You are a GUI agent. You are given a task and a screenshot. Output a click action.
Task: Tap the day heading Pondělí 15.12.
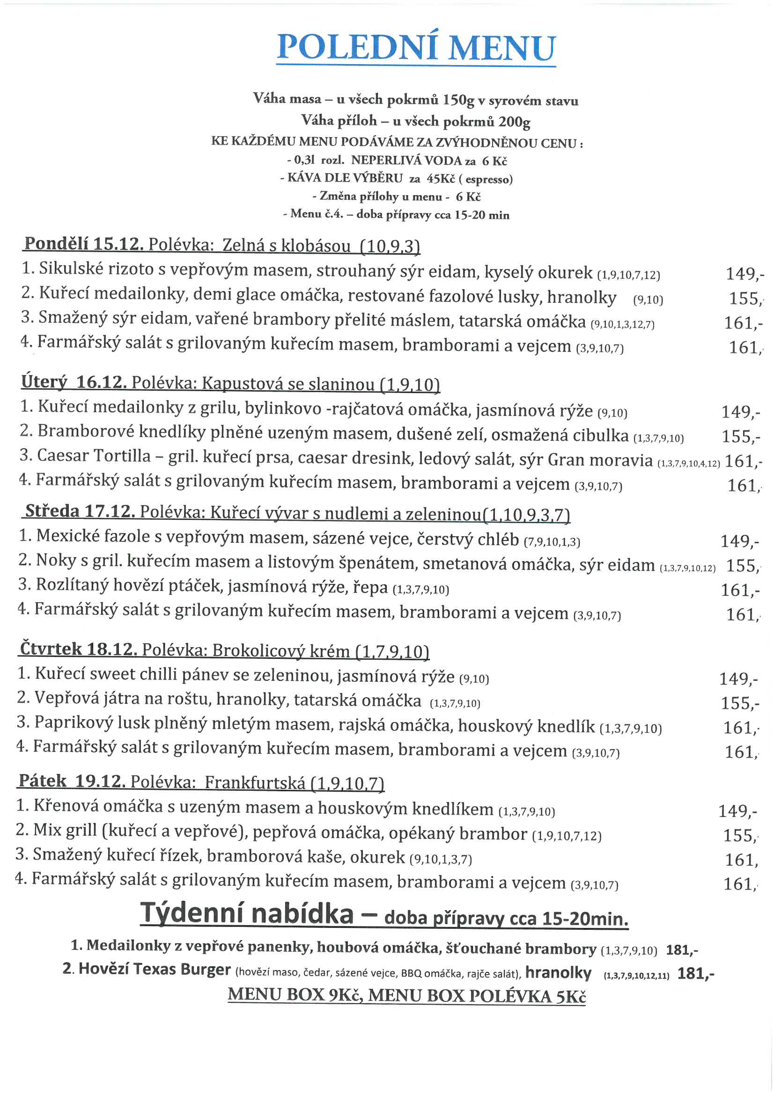click(x=83, y=244)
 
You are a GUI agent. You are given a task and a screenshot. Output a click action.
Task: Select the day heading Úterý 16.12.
click(x=74, y=382)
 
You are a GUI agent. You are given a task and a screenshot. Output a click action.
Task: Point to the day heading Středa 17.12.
click(x=80, y=511)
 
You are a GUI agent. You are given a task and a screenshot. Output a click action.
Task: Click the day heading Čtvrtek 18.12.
click(x=79, y=649)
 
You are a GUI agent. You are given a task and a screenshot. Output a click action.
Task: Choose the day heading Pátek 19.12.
click(x=72, y=781)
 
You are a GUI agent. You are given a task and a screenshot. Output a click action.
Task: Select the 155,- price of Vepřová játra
click(x=739, y=703)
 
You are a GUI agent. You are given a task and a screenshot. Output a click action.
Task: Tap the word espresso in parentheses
click(x=488, y=180)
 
